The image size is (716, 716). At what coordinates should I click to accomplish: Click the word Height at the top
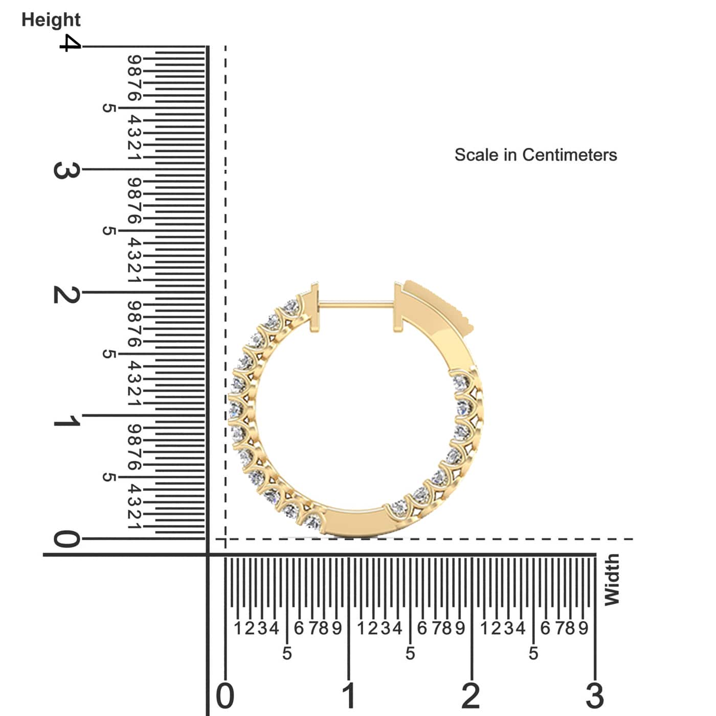pos(51,20)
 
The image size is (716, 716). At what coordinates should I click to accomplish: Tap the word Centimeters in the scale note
pos(570,154)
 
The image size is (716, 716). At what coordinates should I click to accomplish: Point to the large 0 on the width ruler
pos(225,696)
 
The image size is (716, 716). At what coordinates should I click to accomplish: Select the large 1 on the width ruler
pos(349,696)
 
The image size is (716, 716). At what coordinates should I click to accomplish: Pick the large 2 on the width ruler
pos(471,696)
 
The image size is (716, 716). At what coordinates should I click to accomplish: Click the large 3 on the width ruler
pos(595,696)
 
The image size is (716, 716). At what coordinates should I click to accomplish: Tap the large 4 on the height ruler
pos(70,43)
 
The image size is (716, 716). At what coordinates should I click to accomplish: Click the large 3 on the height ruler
pos(66,170)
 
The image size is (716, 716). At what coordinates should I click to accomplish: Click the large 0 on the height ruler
pos(66,539)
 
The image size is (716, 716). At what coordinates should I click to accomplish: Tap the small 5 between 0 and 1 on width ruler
pos(287,653)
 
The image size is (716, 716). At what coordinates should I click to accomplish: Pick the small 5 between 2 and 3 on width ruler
pos(533,653)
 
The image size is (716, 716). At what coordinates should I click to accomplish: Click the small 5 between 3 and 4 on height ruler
pos(108,108)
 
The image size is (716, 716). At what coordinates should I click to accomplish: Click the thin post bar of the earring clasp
pos(356,305)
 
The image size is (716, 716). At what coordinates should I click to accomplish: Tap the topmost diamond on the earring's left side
pos(292,307)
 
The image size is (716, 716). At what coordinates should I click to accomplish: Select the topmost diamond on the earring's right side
pos(460,381)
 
